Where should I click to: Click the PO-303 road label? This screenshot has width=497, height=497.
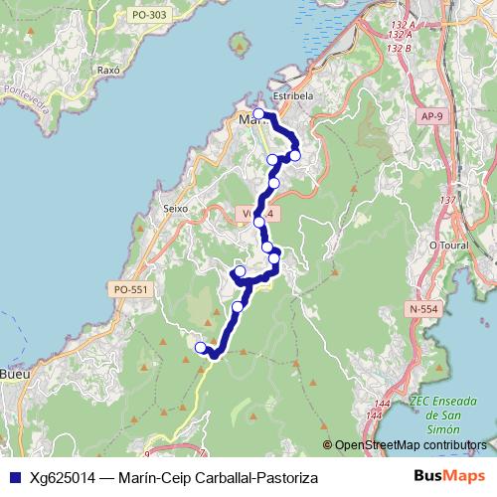pyautogui.click(x=148, y=16)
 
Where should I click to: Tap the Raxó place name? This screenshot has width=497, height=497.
pyautogui.click(x=108, y=72)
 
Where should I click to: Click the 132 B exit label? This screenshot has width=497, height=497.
pyautogui.click(x=399, y=48)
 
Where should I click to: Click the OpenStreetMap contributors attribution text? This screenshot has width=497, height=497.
pyautogui.click(x=412, y=445)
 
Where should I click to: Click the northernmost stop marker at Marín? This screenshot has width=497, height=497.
pyautogui.click(x=259, y=114)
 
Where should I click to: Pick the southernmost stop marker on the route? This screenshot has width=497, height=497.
pyautogui.click(x=201, y=348)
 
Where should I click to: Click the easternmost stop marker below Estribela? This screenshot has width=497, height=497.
pyautogui.click(x=294, y=155)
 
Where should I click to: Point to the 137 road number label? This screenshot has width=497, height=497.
pyautogui.click(x=448, y=201)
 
